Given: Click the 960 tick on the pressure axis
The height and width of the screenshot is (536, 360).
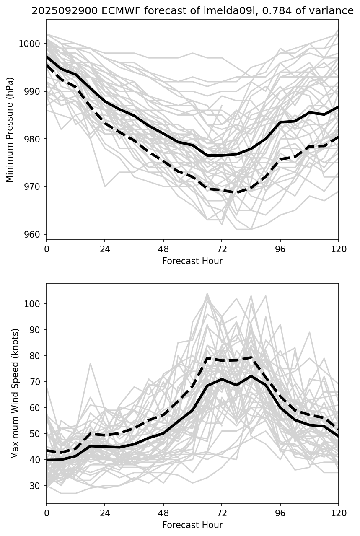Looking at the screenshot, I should point(33,235).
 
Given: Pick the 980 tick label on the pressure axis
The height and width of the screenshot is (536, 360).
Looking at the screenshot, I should point(33,139).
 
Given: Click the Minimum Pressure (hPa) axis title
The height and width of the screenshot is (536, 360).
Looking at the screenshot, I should point(10,129).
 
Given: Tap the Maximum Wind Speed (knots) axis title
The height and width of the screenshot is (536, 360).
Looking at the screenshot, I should point(15,393).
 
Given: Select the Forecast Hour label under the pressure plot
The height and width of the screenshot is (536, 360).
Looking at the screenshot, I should point(192,261).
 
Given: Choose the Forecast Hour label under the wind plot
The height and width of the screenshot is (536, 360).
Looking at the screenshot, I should point(192,525).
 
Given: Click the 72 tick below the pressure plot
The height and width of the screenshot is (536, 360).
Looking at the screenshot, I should point(222,249).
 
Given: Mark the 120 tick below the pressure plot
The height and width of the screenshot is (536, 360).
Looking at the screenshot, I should point(338,249).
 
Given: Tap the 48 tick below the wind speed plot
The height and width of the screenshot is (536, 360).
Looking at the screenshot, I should point(163,513).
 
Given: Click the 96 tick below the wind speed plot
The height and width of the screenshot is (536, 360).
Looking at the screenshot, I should point(280,513).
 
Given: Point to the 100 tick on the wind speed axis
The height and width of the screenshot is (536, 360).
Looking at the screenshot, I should point(33,304).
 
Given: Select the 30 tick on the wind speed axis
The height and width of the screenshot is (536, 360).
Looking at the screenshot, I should point(35,486).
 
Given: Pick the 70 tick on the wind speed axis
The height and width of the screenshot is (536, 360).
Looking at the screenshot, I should point(35,382).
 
